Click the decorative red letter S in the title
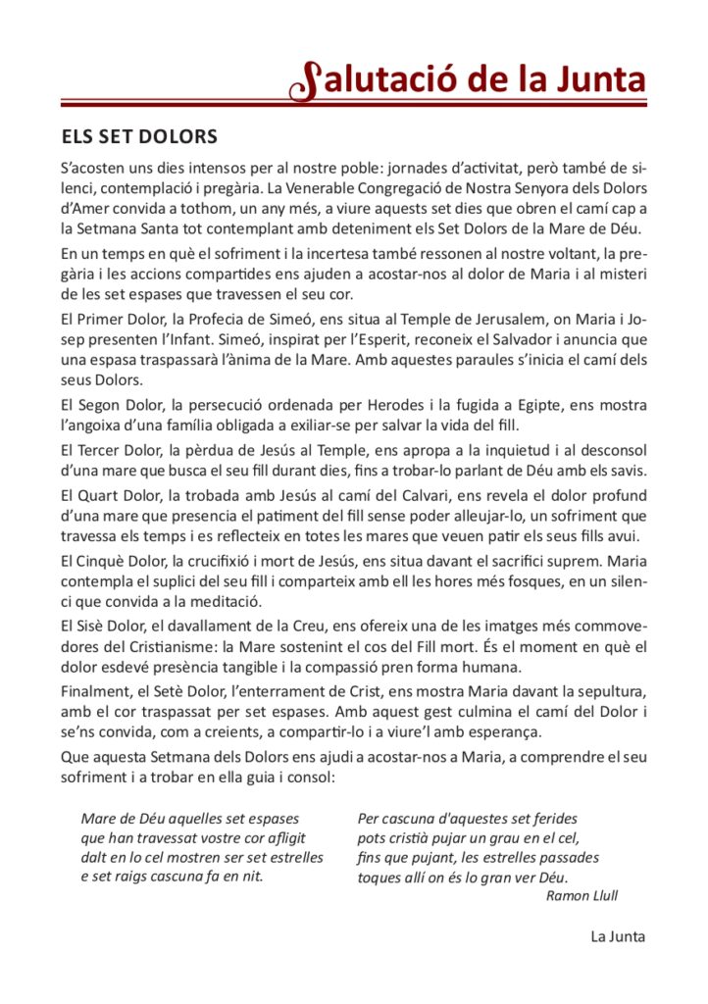(306, 81)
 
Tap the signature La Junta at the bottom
(618, 935)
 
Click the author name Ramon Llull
(582, 895)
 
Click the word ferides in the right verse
(551, 818)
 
